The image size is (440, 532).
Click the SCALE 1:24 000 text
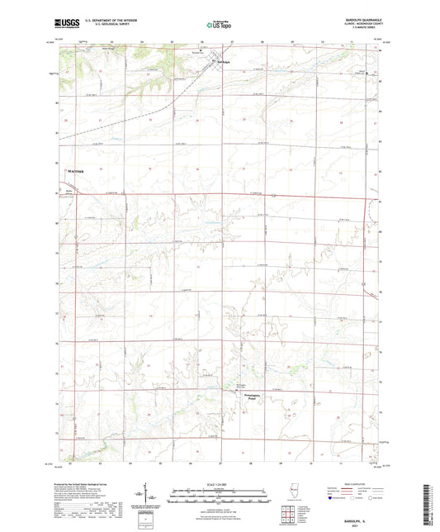(x=220, y=482)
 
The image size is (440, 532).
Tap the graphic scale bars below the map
(x=220, y=492)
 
